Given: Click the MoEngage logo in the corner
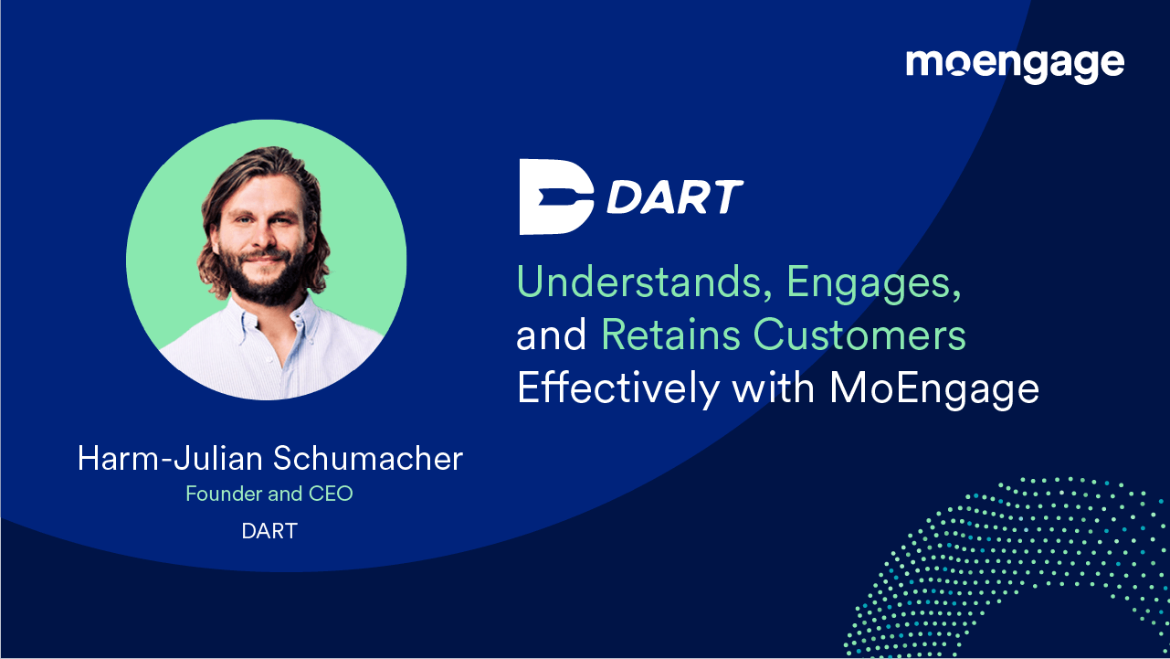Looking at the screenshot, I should click(x=1015, y=65).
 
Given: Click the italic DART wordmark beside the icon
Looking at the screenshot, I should click(x=675, y=197).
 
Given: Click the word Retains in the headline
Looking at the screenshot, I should click(x=669, y=335).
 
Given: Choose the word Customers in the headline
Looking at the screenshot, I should click(x=859, y=335).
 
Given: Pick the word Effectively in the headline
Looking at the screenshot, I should click(x=617, y=388).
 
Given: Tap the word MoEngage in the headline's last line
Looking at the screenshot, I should click(x=934, y=388).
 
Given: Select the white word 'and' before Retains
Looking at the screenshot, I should click(x=552, y=337).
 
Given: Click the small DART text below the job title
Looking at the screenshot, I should click(x=269, y=531).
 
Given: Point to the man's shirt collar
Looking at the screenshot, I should click(x=301, y=315).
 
